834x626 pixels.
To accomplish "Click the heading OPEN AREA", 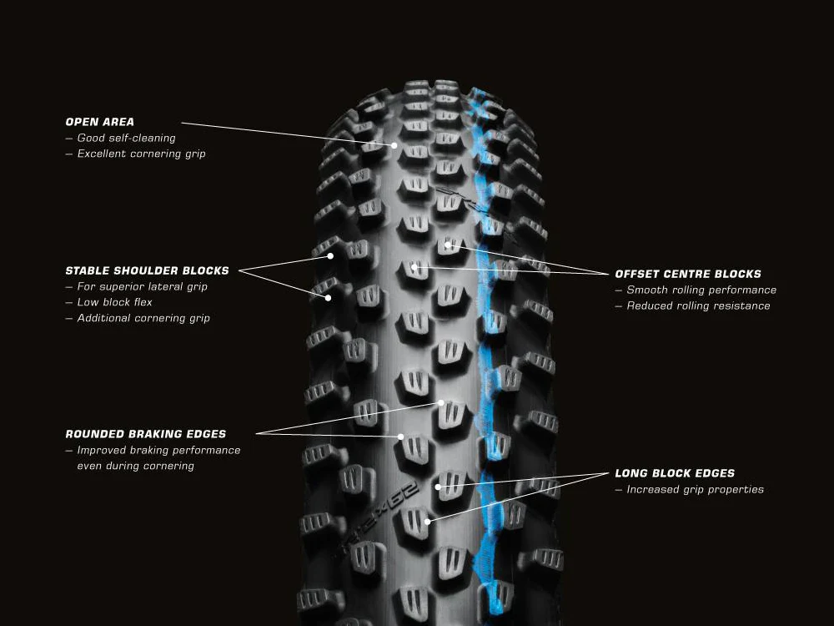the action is (x=99, y=122).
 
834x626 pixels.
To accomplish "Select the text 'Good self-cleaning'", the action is (x=126, y=138).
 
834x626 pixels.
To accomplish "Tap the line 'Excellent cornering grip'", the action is (x=141, y=154).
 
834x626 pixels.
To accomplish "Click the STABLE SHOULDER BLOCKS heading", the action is (x=147, y=270).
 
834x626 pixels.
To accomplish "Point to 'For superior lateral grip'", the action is (x=142, y=286).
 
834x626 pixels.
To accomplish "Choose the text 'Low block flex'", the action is (x=114, y=302).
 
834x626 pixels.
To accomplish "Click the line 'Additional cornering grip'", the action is (x=143, y=318).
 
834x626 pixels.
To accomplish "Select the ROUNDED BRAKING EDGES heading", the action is (x=145, y=434).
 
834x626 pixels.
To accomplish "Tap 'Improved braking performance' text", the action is (x=158, y=451).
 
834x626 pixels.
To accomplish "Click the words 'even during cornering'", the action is (x=135, y=466).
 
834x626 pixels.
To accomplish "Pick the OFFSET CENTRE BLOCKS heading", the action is (x=688, y=274).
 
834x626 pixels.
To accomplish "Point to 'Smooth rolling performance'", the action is (x=701, y=290).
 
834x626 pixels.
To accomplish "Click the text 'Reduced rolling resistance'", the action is (x=698, y=306).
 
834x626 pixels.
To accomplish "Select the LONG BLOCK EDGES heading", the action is (x=675, y=473).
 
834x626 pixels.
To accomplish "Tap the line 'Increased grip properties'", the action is (x=695, y=490).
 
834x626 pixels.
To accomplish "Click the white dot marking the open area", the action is (x=394, y=145).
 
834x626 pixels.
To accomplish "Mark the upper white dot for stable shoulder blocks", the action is (x=330, y=256).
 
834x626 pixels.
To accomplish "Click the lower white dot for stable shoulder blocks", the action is (x=328, y=298).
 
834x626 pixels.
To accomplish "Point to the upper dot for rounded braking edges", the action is (x=441, y=403).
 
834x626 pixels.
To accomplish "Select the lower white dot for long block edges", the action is (x=428, y=523).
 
